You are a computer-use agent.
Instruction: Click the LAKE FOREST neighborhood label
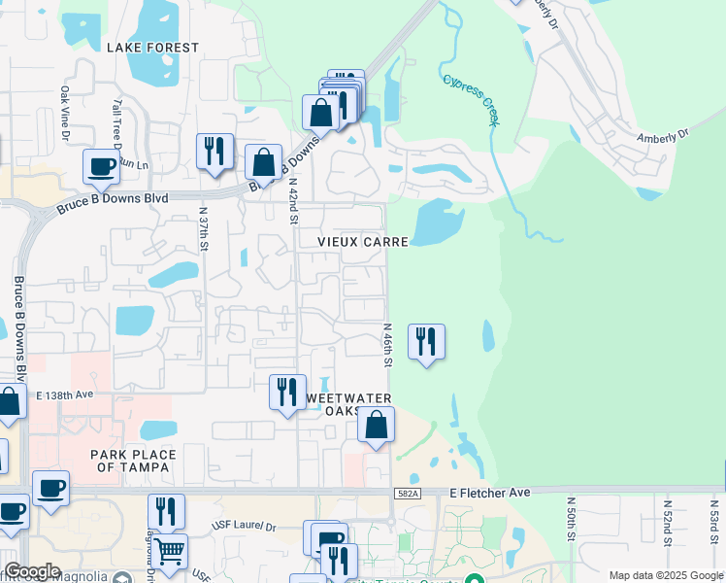click(x=152, y=48)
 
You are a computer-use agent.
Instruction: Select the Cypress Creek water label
click(x=471, y=100)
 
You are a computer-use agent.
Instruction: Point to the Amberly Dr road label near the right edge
click(x=662, y=136)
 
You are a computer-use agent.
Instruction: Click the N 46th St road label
click(x=386, y=345)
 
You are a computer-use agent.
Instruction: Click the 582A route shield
click(x=408, y=495)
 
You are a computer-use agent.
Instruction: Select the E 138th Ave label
click(x=64, y=395)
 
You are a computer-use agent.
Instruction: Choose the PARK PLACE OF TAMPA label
click(x=133, y=461)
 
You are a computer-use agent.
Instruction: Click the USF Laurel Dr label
click(x=244, y=527)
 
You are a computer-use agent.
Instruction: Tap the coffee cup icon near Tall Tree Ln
click(x=102, y=167)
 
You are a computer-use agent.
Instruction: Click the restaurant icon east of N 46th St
click(x=426, y=342)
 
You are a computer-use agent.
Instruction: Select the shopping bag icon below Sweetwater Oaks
click(x=376, y=426)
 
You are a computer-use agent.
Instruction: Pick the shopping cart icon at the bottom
click(x=169, y=552)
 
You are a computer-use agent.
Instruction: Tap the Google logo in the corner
click(x=32, y=571)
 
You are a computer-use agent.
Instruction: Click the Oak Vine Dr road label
click(x=64, y=115)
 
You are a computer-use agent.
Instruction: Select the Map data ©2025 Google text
click(x=666, y=575)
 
